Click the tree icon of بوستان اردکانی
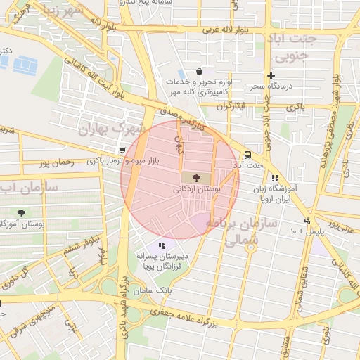195,177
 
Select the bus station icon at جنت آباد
247,155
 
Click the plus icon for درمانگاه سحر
270,75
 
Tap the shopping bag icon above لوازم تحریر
200,71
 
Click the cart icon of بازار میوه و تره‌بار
122,150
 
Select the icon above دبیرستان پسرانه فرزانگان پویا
162,245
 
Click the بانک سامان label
162,290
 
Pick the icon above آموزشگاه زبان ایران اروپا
274,179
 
